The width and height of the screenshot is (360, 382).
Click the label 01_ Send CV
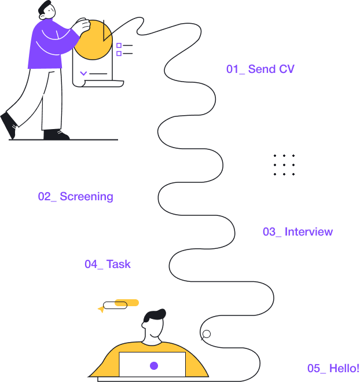click(x=260, y=69)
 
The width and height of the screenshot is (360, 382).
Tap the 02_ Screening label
click(x=75, y=197)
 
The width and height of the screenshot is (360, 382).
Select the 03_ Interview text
click(x=297, y=232)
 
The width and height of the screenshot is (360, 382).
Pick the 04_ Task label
click(x=108, y=265)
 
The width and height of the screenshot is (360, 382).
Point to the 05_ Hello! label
click(x=333, y=369)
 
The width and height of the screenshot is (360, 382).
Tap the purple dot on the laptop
click(x=154, y=366)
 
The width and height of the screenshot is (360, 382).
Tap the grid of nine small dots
click(x=284, y=165)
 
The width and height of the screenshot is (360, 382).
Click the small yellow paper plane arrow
click(x=101, y=310)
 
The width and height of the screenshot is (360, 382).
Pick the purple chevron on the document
click(x=83, y=74)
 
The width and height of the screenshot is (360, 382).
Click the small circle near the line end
click(x=206, y=333)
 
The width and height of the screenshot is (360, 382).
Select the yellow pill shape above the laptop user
click(x=127, y=302)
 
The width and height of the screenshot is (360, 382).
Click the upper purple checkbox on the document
click(x=119, y=45)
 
